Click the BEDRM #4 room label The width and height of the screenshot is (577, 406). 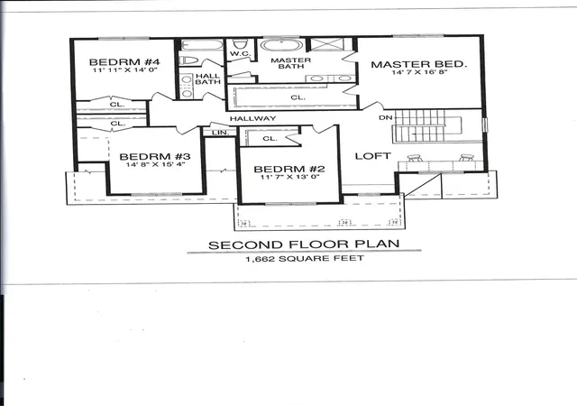pos(124,62)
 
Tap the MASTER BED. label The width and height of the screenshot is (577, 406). pos(418,64)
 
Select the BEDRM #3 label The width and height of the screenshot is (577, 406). pos(155,157)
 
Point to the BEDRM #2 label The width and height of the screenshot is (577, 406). pos(289,169)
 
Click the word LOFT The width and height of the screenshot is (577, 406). pos(372,156)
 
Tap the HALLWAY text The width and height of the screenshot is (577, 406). pos(252,118)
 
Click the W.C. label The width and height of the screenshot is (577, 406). pos(241,54)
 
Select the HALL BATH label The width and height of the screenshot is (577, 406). pos(207,79)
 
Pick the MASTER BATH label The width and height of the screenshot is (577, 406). pos(290,63)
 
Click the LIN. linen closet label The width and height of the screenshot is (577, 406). pos(221,133)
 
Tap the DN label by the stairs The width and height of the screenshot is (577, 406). pos(386,118)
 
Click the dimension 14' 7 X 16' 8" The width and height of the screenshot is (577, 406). pos(419,72)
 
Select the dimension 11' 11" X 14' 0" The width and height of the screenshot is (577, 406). pos(125,70)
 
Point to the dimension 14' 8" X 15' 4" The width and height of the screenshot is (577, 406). pos(155,164)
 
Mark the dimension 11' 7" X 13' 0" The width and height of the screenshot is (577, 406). pos(290,177)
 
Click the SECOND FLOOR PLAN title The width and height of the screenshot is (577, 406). pos(304,245)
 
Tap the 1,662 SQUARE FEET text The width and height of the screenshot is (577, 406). pos(305,259)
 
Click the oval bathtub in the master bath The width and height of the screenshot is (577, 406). pos(282,45)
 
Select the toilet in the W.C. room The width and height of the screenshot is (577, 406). pos(240,44)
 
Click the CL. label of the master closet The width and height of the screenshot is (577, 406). pos(298,97)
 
